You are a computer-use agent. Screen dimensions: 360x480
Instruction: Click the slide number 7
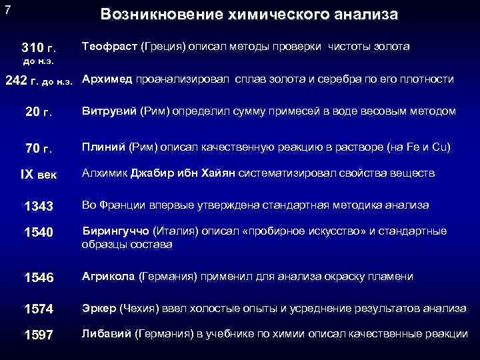7,11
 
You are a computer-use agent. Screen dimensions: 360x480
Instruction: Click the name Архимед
107,79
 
